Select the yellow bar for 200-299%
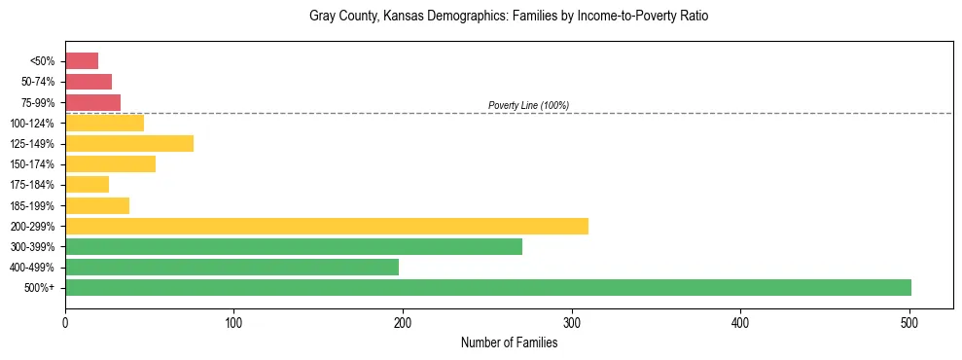coord(327,226)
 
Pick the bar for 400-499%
coord(232,267)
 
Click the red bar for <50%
coord(82,61)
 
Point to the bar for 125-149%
coord(129,143)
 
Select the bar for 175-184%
coord(87,184)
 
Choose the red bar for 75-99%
coord(92,102)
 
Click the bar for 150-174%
coord(110,163)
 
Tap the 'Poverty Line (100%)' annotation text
coord(528,105)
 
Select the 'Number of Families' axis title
coord(510,342)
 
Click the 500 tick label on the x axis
coord(909,321)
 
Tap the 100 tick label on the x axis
coord(233,321)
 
